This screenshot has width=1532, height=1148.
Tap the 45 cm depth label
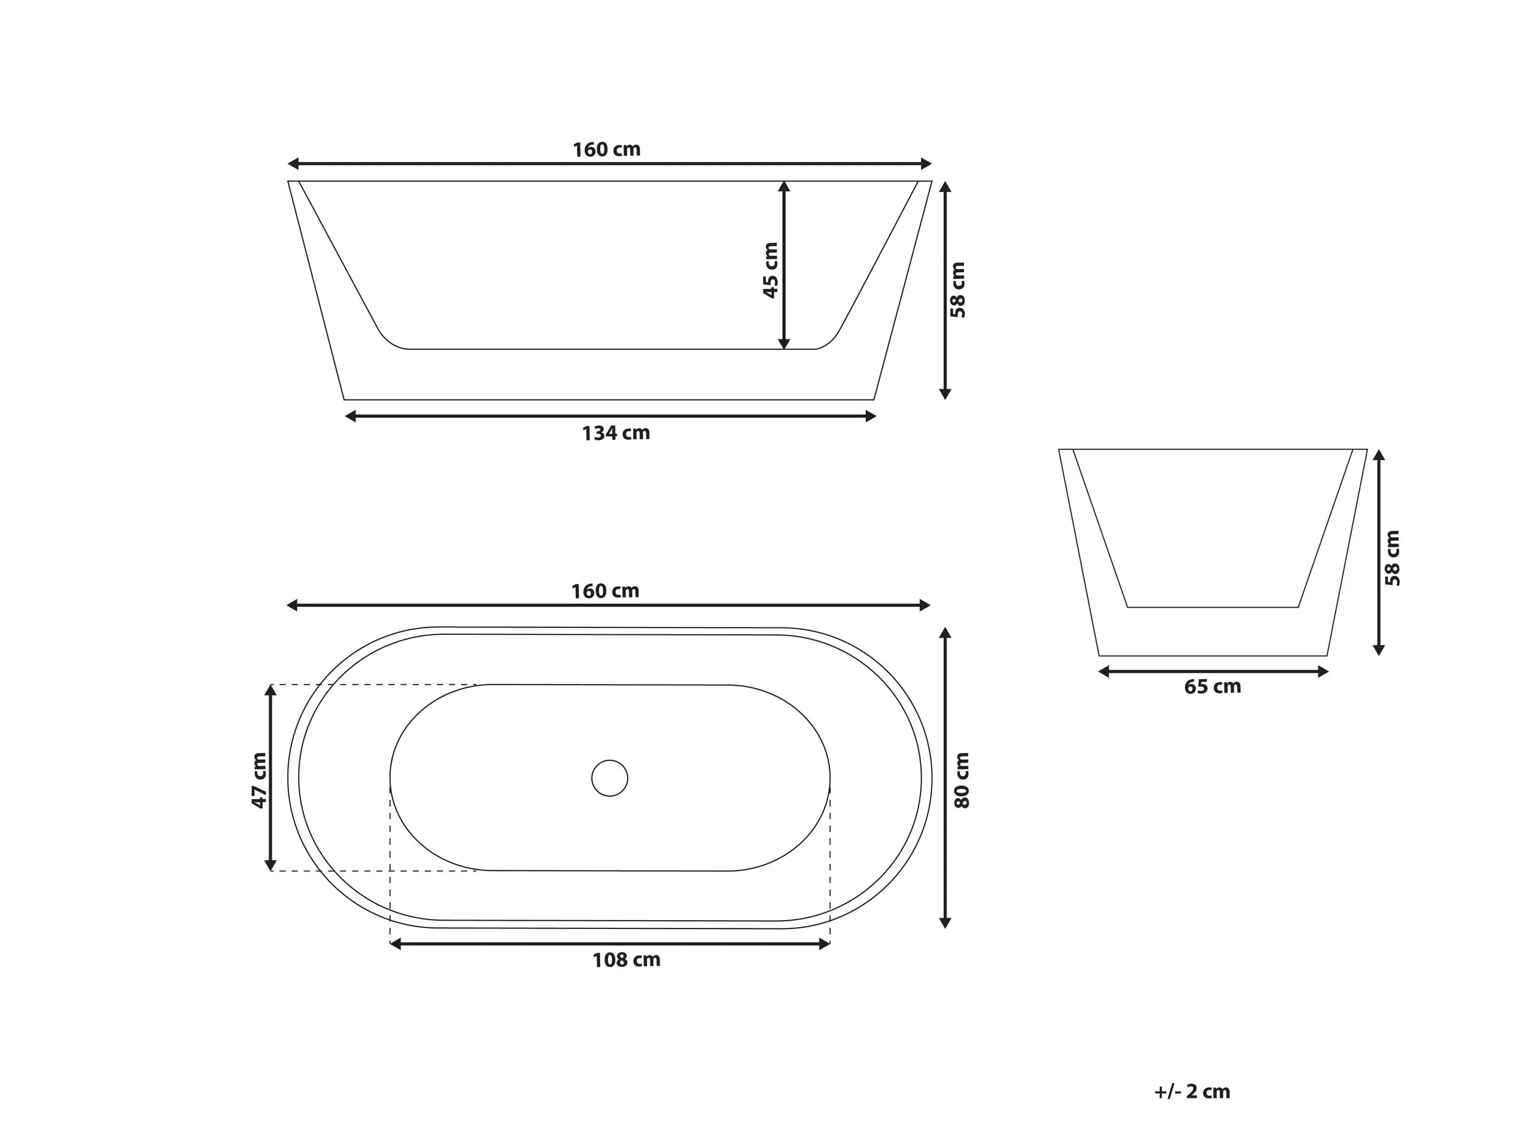770,270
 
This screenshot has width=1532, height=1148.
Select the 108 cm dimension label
626,960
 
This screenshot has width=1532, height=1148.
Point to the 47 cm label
259,780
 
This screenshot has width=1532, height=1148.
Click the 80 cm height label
962,780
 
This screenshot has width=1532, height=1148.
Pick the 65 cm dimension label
1212,686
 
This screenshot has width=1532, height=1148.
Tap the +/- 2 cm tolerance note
1192,1091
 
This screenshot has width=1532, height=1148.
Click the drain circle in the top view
609,778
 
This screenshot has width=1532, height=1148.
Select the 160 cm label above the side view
607,150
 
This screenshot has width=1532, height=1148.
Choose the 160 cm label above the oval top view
604,590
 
